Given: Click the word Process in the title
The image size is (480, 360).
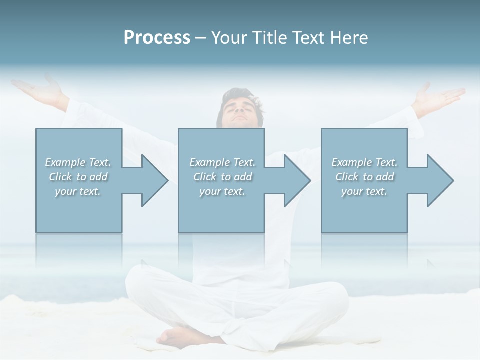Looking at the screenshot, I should click(157, 38).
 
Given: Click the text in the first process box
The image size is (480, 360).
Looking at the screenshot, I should click(78, 177).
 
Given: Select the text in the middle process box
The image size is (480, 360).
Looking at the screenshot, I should click(222, 177).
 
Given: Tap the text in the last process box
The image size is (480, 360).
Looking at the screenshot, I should click(364, 177).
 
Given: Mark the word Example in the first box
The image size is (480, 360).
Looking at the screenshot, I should click(65, 162).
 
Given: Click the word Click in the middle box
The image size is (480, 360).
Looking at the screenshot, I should click(204, 177).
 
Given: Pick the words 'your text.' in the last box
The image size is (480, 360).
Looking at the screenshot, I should click(364, 191).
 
